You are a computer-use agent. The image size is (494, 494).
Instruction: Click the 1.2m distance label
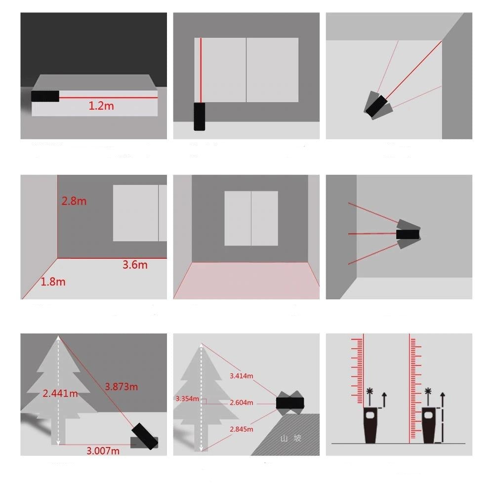pos(101,105)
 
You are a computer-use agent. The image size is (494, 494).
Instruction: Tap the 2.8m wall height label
pos(74,201)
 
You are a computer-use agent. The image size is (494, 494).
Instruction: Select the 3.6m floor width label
pos(135,264)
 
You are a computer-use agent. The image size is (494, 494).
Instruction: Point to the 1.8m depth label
pos(53,282)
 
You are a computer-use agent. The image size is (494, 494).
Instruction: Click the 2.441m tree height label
pos(60,393)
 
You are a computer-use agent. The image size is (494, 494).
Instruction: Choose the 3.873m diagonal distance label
pos(121,386)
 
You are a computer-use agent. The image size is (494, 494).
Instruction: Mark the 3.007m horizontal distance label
pos(103,451)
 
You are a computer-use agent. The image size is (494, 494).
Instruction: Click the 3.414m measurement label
pos(241,376)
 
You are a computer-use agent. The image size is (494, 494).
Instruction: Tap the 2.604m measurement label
pos(241,403)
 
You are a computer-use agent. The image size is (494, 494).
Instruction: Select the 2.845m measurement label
pos(241,429)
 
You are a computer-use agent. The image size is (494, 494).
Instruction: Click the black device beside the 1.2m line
pos(45,96)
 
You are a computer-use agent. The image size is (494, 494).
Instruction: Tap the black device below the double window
pos(200,117)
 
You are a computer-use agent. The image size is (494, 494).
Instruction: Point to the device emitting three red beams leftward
pos(408,234)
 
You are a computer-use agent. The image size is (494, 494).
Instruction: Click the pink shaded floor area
pos(246,280)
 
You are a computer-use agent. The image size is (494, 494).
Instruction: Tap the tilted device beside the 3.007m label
pos(145,437)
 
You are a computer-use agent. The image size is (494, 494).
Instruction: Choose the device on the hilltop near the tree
pos(290,402)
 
